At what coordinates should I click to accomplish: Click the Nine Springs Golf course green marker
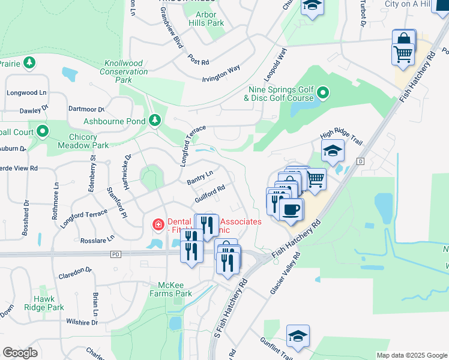coord(323,93)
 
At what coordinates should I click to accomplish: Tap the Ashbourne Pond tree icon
coord(155,121)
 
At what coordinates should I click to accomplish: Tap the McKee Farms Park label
coord(175,289)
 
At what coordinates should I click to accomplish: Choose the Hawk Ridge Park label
coord(48,303)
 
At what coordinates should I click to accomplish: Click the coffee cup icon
coord(291,209)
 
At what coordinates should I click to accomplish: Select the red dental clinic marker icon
coord(158,224)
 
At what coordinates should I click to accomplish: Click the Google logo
coord(20,353)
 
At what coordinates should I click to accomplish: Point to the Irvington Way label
coord(220,71)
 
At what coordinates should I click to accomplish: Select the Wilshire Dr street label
coord(82,322)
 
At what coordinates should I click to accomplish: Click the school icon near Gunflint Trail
coord(297,337)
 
